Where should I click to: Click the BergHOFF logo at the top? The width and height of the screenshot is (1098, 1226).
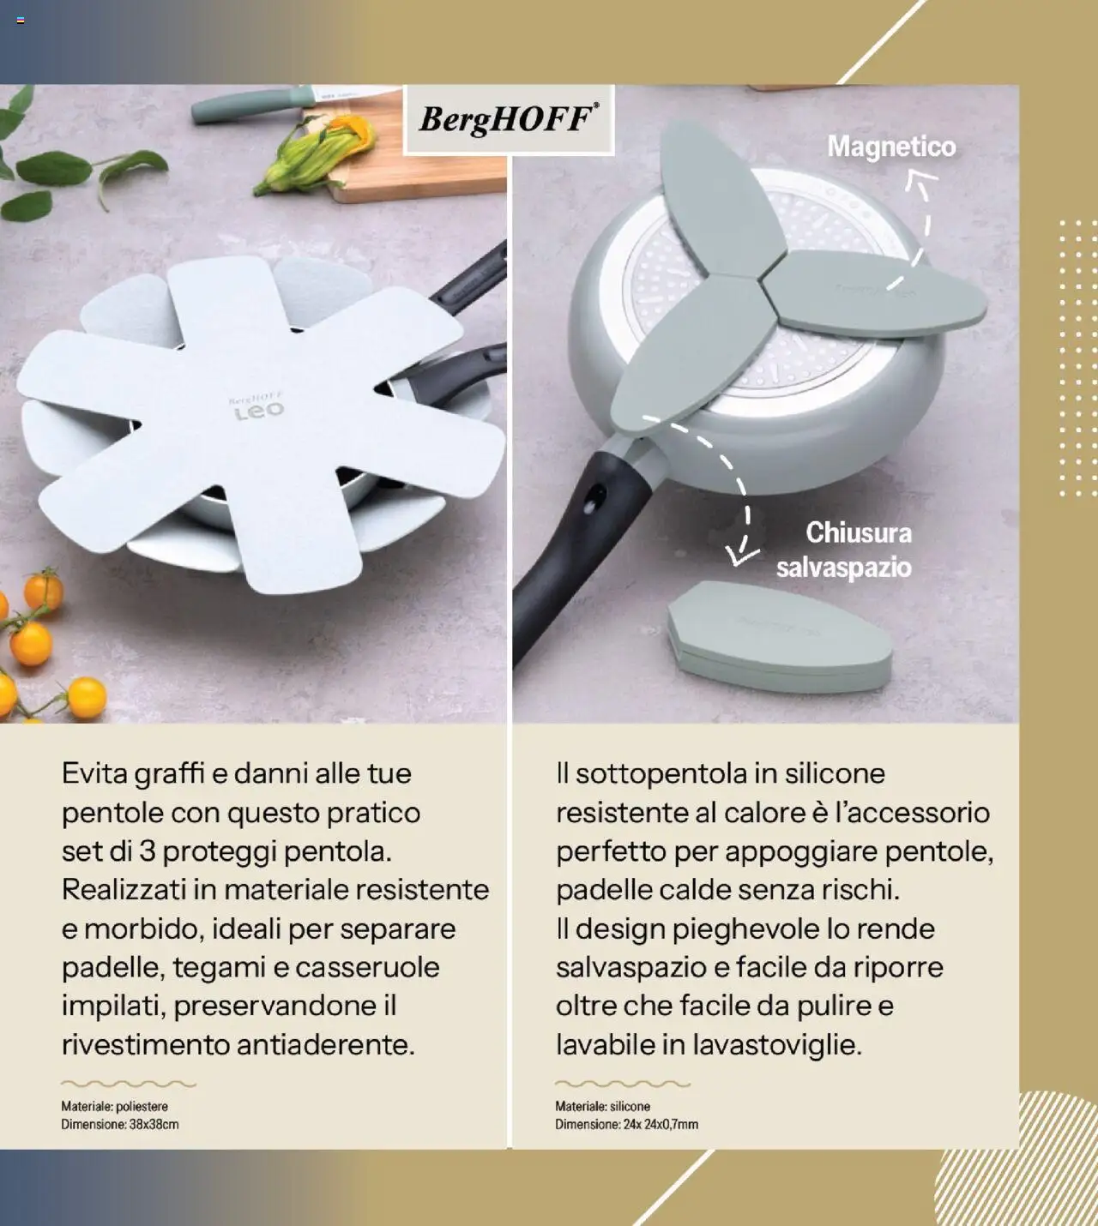coord(509,119)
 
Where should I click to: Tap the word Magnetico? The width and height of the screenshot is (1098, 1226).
coord(891,147)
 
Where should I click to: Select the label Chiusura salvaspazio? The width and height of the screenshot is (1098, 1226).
coord(845,550)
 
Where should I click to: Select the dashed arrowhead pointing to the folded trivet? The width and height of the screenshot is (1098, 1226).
coord(739,555)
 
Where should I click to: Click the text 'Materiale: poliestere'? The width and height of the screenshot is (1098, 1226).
coord(114,1107)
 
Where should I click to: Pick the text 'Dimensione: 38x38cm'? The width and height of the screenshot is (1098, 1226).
coord(120,1124)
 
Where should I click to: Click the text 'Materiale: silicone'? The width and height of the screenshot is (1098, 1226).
coord(602,1107)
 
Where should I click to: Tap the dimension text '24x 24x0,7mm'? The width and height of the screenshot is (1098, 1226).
coord(661,1124)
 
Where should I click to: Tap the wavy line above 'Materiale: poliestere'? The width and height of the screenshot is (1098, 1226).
coord(129,1084)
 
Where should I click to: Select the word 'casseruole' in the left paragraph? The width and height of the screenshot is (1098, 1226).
coord(367,967)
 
